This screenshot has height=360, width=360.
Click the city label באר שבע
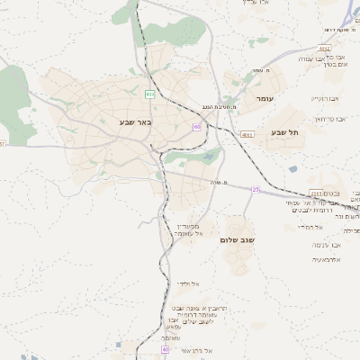136,121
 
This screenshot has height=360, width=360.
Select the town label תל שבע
283,132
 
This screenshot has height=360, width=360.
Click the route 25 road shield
256,189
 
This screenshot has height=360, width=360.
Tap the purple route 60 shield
196,127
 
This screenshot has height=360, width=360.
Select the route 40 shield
166,348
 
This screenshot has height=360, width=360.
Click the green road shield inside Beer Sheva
149,94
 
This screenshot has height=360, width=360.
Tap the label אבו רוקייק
324,98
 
